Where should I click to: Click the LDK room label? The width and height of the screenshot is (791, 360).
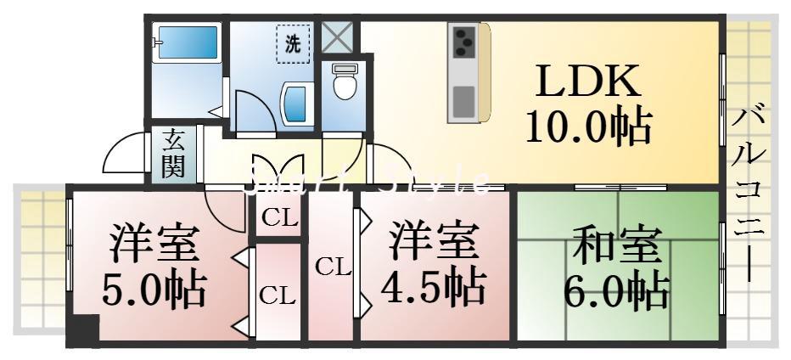(586, 82)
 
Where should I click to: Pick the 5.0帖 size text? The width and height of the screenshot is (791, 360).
(154, 291)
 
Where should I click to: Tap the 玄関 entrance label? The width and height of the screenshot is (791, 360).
(173, 154)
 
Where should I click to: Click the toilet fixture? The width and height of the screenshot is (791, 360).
(344, 82)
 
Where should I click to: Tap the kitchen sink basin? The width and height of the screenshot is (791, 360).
(463, 101)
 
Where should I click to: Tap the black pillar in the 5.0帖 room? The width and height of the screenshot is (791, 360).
(82, 329)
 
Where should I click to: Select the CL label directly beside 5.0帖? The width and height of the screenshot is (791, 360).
(278, 295)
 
